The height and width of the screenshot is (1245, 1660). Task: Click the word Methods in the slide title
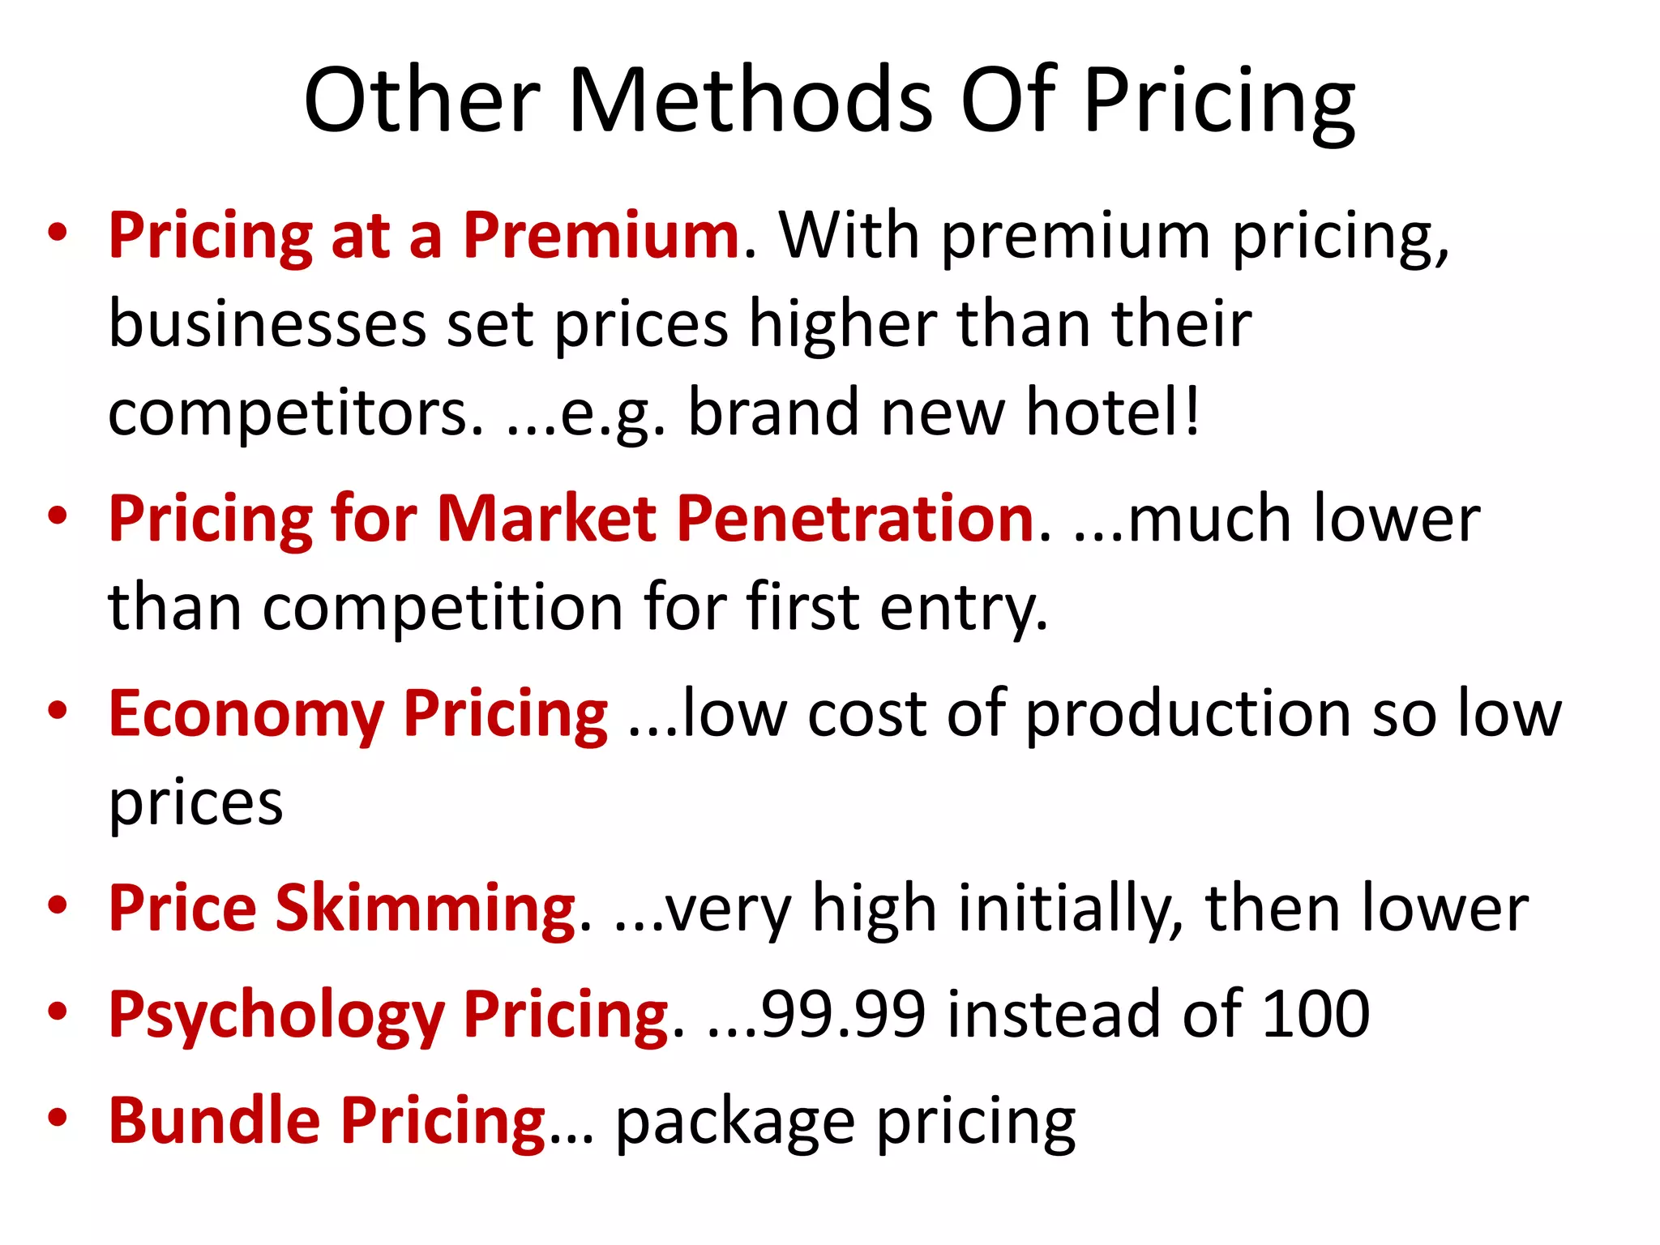pyautogui.click(x=751, y=101)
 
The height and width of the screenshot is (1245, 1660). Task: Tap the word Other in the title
pyautogui.click(x=422, y=101)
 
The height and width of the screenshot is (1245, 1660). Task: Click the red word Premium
pyautogui.click(x=601, y=236)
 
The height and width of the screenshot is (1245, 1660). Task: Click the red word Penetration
pyautogui.click(x=855, y=519)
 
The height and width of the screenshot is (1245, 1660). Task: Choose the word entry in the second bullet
pyautogui.click(x=964, y=608)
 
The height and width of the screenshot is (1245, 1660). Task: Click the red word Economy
pyautogui.click(x=246, y=715)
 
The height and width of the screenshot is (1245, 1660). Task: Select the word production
pyautogui.click(x=1187, y=715)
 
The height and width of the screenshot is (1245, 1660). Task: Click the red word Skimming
pyautogui.click(x=426, y=909)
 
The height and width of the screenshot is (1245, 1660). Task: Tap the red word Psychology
pyautogui.click(x=276, y=1016)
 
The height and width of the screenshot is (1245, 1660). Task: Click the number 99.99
pyautogui.click(x=843, y=1014)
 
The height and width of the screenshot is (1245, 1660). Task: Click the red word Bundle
pyautogui.click(x=215, y=1121)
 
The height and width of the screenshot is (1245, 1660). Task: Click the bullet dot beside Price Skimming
pyautogui.click(x=57, y=905)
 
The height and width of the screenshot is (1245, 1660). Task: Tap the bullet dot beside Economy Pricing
pyautogui.click(x=57, y=711)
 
